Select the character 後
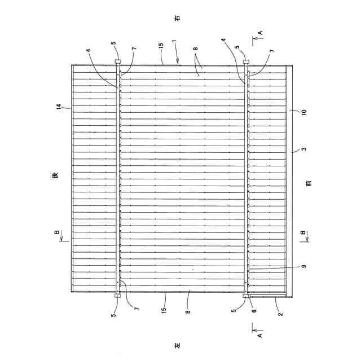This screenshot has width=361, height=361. [55, 176]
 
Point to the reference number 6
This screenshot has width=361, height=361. [254, 310]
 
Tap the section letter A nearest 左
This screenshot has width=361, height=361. [260, 333]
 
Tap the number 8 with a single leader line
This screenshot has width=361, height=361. [188, 310]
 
